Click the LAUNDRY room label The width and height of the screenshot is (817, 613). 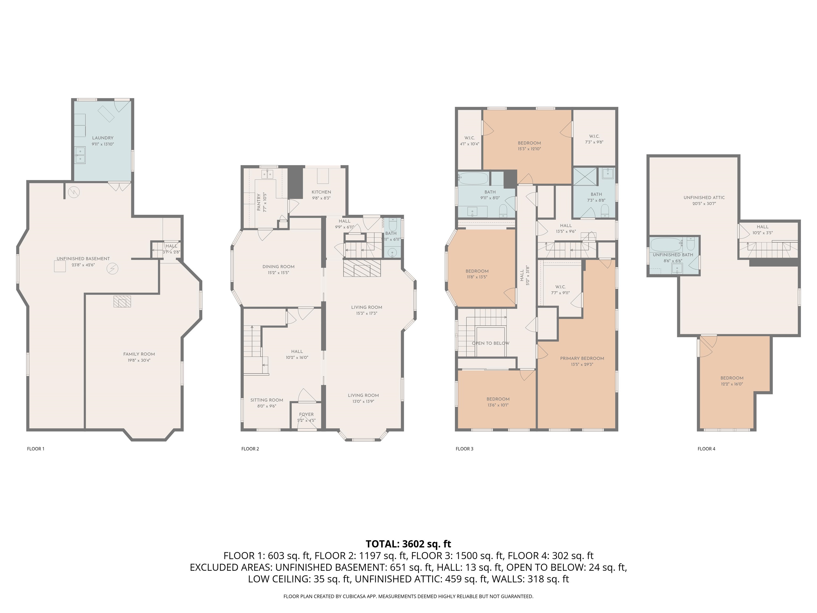pyautogui.click(x=103, y=138)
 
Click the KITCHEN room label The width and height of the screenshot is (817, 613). pyautogui.click(x=321, y=192)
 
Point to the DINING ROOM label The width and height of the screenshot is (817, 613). pyautogui.click(x=278, y=266)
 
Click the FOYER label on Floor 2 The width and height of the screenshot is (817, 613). pyautogui.click(x=306, y=414)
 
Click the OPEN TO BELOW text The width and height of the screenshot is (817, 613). pyautogui.click(x=490, y=343)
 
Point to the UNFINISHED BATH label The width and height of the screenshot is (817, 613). pyautogui.click(x=673, y=255)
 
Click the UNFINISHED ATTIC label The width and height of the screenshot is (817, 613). pyautogui.click(x=704, y=197)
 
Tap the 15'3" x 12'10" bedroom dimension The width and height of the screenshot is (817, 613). pyautogui.click(x=529, y=149)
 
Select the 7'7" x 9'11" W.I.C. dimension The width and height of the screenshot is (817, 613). pyautogui.click(x=560, y=293)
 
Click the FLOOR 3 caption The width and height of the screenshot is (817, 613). pyautogui.click(x=464, y=449)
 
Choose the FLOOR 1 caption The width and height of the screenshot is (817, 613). pyautogui.click(x=35, y=449)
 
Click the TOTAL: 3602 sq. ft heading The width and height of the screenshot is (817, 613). pyautogui.click(x=408, y=544)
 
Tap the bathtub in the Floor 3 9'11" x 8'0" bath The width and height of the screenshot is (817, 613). pyautogui.click(x=473, y=179)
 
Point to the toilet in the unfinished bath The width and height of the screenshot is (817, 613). pyautogui.click(x=691, y=244)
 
